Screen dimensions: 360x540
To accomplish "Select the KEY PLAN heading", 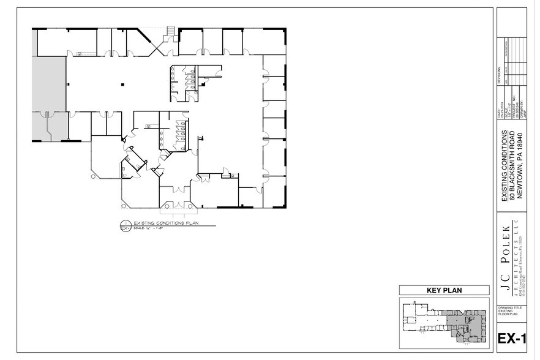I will click(444, 290).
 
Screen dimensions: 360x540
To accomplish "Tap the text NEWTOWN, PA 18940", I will click(520, 166).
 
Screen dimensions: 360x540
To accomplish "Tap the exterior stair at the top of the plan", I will click(171, 31).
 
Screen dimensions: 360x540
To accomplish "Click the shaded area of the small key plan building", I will click(467, 321).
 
